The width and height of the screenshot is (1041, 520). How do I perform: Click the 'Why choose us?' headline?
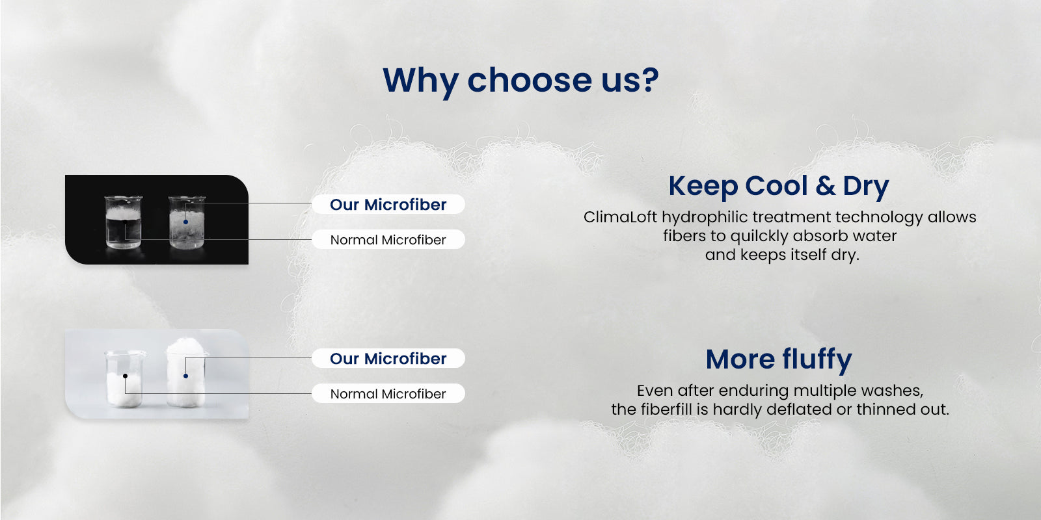[x=520, y=81]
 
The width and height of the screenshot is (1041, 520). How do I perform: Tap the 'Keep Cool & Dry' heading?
[x=779, y=187]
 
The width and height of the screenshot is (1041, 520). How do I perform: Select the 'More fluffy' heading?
[x=779, y=359]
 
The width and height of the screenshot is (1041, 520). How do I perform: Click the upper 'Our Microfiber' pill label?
[x=388, y=204]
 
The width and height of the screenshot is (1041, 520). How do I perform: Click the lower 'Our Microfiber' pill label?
[x=388, y=358]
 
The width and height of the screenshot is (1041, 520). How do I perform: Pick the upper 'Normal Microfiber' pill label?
[x=388, y=240]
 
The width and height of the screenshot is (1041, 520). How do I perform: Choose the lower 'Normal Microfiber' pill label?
[x=388, y=394]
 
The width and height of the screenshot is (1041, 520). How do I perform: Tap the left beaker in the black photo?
[x=123, y=222]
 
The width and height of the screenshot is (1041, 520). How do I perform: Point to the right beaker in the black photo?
[x=186, y=222]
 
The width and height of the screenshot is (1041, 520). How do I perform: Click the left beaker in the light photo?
[x=124, y=379]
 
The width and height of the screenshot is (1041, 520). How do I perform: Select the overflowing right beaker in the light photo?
[x=186, y=373]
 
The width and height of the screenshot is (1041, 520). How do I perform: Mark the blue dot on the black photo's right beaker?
[x=186, y=222]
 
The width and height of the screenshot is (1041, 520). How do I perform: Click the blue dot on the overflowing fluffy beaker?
[x=186, y=376]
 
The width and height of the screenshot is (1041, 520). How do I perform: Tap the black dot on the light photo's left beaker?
[x=125, y=376]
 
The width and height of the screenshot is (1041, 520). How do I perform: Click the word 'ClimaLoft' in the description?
[x=620, y=217]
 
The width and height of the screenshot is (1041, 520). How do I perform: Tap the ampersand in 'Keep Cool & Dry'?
[x=826, y=186]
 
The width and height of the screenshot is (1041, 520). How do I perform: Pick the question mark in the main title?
[x=649, y=81]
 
